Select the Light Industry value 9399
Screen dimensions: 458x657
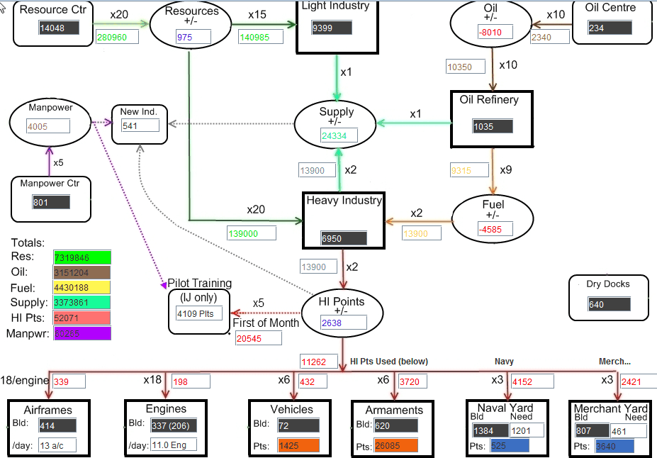(x=331, y=28)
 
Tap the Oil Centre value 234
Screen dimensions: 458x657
(x=610, y=28)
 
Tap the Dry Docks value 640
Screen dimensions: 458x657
(x=609, y=304)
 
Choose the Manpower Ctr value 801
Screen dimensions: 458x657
(x=51, y=203)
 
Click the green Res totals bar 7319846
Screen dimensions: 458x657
(x=82, y=257)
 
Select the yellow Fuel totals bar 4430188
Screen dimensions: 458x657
(x=82, y=287)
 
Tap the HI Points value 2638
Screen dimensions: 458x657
(x=343, y=323)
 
